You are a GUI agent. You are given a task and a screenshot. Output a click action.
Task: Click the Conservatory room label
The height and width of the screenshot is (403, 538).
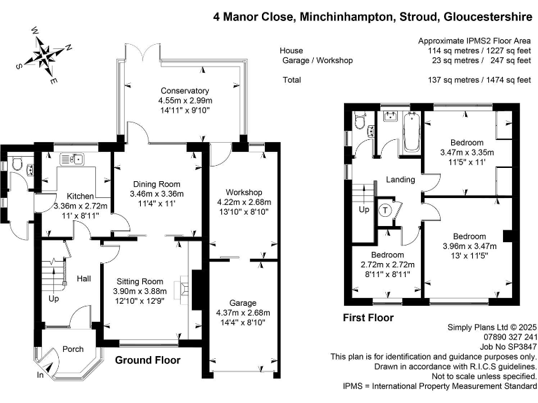pos(185,91)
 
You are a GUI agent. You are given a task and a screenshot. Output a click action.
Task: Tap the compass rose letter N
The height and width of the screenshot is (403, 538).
pos(69,48)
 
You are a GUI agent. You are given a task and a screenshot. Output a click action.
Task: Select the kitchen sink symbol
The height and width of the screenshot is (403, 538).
pos(72,160)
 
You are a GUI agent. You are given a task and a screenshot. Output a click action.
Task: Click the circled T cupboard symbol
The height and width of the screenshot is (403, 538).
pos(385,210)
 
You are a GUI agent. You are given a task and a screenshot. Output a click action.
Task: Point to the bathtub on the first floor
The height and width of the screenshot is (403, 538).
pos(412,132)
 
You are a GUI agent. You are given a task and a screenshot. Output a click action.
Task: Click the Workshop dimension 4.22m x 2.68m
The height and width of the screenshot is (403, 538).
pos(244,202)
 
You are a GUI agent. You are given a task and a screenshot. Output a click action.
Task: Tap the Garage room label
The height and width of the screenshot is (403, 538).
pos(243,303)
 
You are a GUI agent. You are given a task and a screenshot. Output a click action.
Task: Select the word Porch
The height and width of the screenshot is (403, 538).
pos(73,349)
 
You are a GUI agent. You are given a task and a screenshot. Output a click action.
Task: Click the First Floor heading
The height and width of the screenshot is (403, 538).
pos(368,318)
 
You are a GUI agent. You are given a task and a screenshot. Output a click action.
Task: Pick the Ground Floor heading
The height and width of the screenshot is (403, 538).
pos(148,360)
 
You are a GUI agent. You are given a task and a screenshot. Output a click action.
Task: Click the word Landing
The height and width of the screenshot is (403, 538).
pos(401,180)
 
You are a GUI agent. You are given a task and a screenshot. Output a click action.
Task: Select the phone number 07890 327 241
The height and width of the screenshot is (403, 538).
pos(510,337)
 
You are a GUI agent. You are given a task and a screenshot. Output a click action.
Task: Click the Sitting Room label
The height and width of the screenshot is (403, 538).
pos(140,282)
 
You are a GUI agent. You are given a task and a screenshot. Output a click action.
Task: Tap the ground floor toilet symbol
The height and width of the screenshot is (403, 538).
pos(16,164)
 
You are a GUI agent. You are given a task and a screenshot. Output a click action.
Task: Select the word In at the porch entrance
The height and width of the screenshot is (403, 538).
pos(40,375)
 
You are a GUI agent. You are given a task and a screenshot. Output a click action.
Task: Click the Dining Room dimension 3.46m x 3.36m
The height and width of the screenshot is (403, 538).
pos(157,194)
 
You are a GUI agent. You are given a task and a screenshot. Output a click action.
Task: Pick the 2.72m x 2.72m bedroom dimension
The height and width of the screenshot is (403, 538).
pos(387,265)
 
